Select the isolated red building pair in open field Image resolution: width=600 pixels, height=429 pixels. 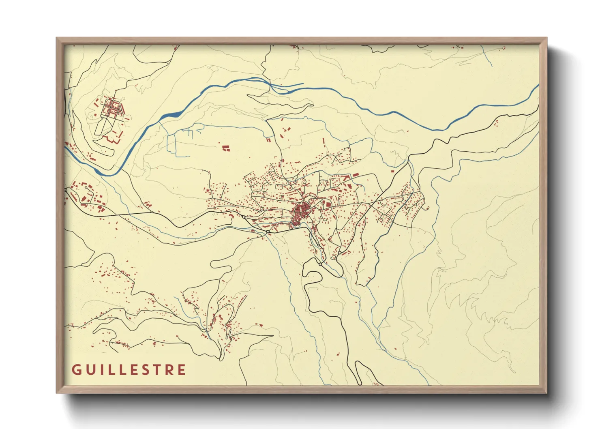pos(225,148)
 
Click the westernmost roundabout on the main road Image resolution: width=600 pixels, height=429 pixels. pos(243,217)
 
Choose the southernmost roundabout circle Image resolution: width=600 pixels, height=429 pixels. pos(320,264)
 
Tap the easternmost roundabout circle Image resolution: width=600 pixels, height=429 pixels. pos(339,253)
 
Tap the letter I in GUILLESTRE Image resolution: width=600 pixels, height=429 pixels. pos(101,370)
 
